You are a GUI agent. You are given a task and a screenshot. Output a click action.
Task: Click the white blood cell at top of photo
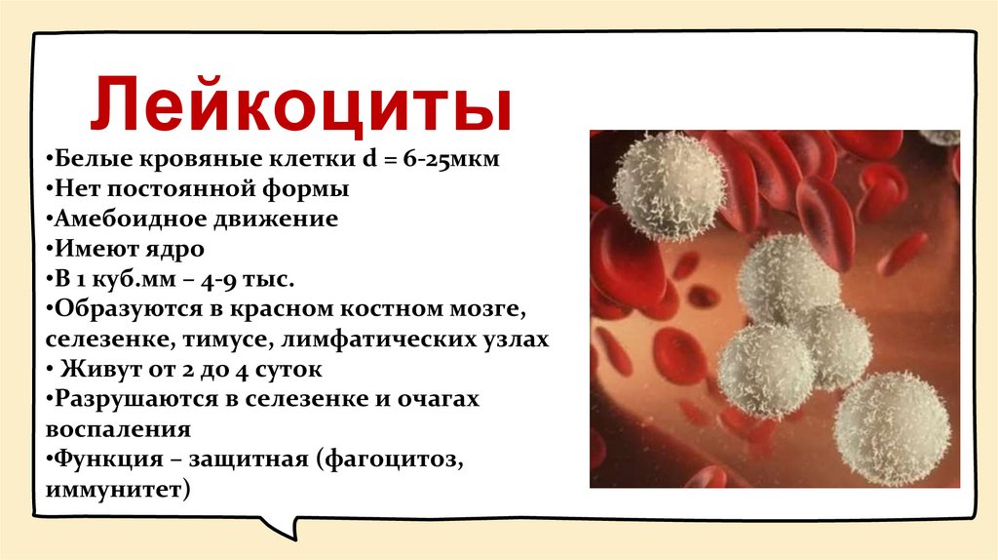coord(669,185)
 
